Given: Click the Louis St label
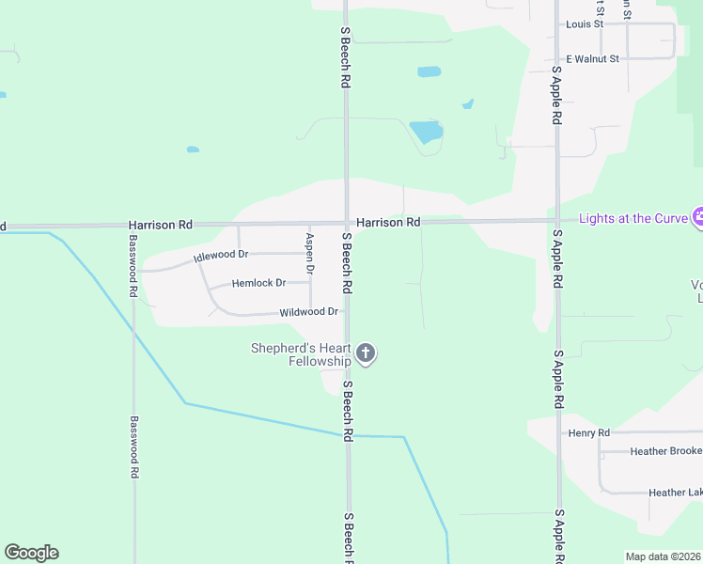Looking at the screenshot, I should pos(585,23).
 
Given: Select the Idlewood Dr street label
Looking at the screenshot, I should pos(221,255).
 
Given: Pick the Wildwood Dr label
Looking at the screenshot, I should pos(308,311).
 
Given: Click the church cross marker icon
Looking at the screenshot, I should pos(366,354).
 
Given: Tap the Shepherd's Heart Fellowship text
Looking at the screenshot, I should pos(300,354).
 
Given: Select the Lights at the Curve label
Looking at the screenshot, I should pos(628,218).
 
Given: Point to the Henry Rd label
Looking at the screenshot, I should pos(589,432).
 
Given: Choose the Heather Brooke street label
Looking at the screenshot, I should pos(666,451).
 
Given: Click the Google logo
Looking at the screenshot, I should pos(32,553).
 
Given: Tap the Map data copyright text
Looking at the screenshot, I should pos(663,556).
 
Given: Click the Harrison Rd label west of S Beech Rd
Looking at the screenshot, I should pos(161,226).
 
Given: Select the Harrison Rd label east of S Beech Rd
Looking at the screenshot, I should pos(387,222).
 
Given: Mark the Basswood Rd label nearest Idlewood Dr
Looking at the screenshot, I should pos(133,273).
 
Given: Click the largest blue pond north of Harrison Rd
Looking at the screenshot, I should pos(427,131).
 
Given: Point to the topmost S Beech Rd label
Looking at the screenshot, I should pos(345,57).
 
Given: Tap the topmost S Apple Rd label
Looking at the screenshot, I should pos(556,95).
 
